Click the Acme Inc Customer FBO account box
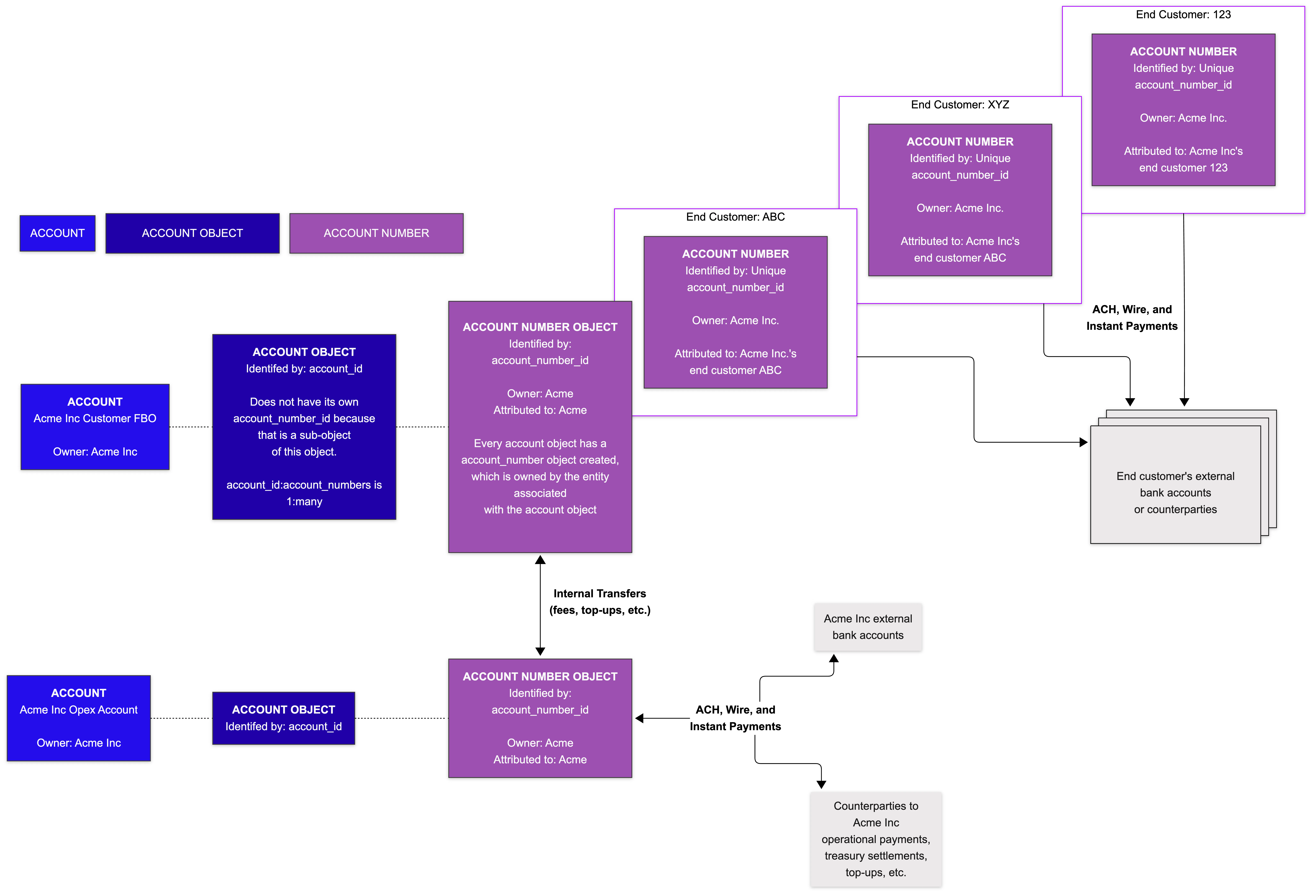click(95, 427)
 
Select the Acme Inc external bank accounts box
click(868, 627)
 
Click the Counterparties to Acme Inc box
click(876, 839)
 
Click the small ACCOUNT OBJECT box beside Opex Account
click(283, 718)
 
